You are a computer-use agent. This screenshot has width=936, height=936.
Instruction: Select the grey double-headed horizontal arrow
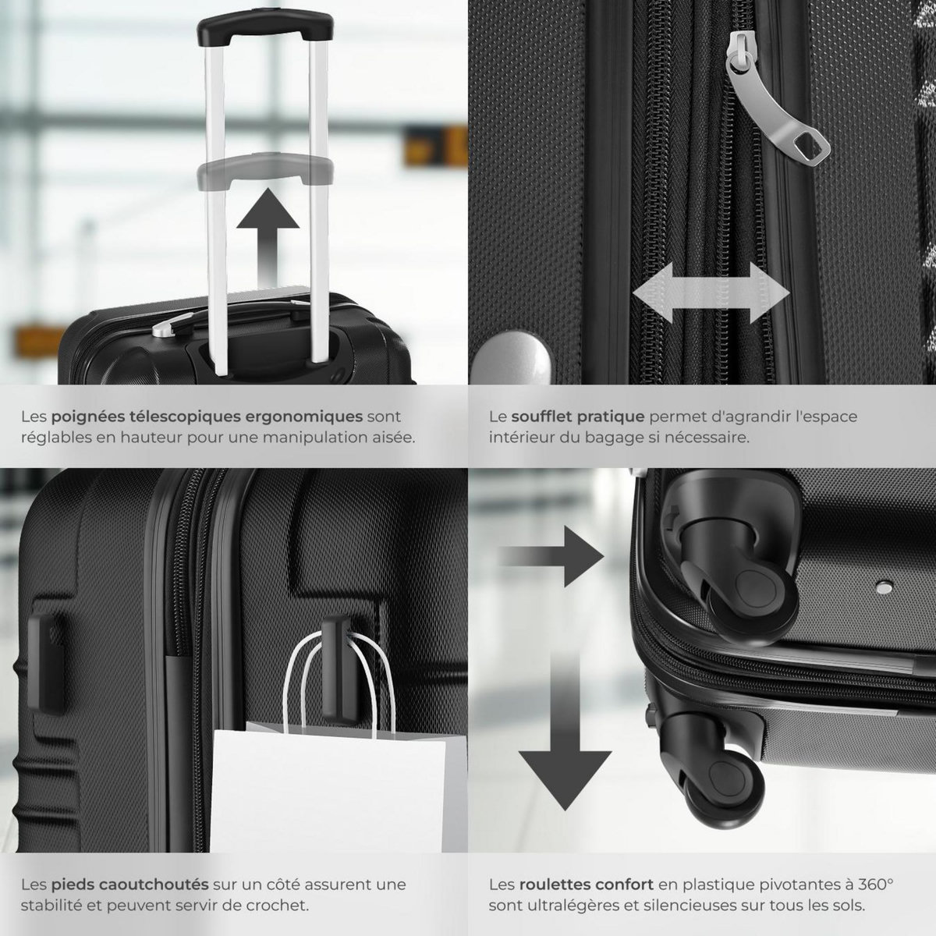[x=711, y=292]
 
